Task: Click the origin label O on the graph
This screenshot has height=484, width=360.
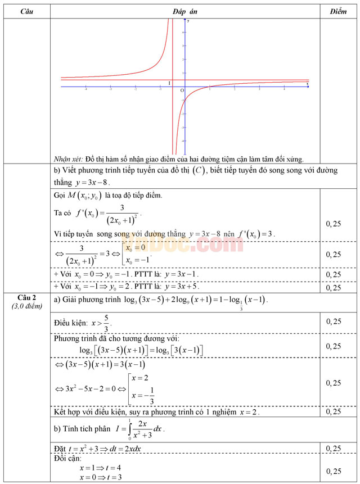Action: tap(182, 91)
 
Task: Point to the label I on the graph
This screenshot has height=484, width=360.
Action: tap(169, 83)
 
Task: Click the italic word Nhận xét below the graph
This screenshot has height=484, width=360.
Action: tap(67, 159)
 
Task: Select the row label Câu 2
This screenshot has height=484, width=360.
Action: tap(26, 297)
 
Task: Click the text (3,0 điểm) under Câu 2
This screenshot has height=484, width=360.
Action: tap(26, 305)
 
